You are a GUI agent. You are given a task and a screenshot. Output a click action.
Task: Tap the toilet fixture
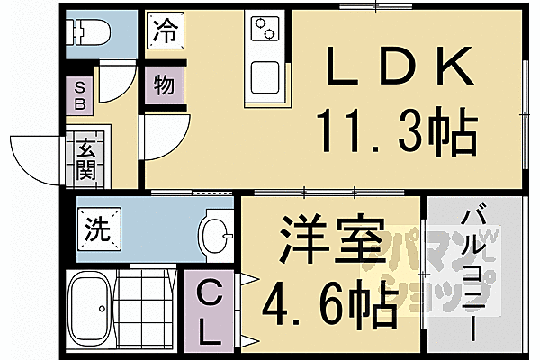[90, 32]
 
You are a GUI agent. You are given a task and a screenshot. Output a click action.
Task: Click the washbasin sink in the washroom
[213, 236]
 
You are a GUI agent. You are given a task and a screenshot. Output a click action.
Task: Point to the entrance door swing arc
[36, 157]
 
